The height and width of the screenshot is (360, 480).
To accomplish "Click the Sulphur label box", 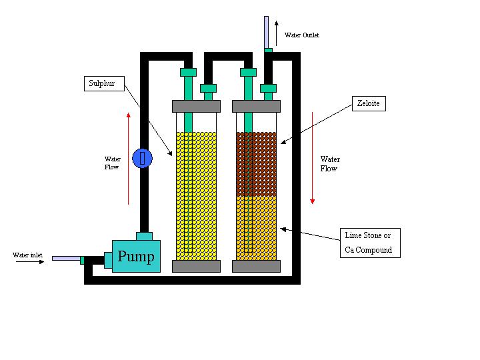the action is click(x=104, y=83).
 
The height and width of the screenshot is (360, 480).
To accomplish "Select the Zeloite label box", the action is click(x=369, y=103).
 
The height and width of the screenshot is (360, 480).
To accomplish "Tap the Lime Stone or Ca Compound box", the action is click(x=370, y=243).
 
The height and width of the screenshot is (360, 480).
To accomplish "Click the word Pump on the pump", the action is click(x=136, y=256).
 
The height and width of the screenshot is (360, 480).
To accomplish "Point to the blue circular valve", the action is click(x=143, y=158).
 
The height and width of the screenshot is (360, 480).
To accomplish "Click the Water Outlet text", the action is click(x=302, y=35).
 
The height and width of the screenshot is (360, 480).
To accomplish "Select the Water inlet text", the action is click(x=27, y=255).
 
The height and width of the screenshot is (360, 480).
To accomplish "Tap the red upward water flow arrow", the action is click(x=128, y=159).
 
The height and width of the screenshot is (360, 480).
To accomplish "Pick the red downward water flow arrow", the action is click(x=312, y=158).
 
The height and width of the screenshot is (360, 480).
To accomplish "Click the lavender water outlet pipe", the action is click(x=266, y=32).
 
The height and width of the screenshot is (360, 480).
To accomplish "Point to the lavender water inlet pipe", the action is click(x=66, y=259).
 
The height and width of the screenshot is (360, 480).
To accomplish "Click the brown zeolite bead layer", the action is click(x=256, y=164).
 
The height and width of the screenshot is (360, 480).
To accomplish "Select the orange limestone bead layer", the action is click(x=256, y=228).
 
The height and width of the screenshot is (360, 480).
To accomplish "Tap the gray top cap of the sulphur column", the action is click(x=196, y=106).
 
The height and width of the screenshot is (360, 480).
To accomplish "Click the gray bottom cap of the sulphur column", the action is click(x=196, y=266).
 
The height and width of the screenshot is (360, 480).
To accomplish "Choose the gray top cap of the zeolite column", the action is click(x=256, y=106).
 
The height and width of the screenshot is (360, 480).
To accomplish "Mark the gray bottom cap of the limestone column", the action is click(x=256, y=266).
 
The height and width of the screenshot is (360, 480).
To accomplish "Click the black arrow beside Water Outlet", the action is click(x=277, y=33).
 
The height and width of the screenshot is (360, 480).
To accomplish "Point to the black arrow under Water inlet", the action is click(x=30, y=262).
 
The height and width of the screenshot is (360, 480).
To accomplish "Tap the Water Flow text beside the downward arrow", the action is click(x=330, y=164).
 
